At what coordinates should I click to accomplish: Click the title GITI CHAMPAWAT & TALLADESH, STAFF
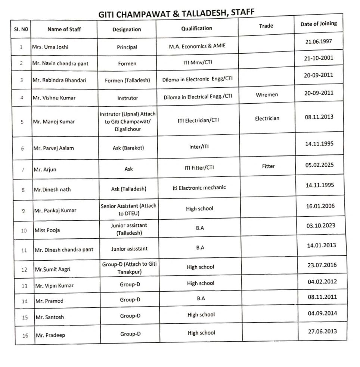(x=176, y=13)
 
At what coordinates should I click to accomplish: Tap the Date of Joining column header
(x=318, y=24)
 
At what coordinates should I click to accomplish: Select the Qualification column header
(x=196, y=28)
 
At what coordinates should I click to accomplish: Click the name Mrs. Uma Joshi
(x=50, y=47)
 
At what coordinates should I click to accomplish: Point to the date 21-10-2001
(x=319, y=58)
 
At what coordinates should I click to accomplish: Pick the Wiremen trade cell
(x=267, y=95)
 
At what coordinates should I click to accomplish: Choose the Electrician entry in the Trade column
(x=267, y=118)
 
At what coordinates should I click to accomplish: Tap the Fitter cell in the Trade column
(x=268, y=166)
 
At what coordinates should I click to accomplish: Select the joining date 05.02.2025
(x=320, y=165)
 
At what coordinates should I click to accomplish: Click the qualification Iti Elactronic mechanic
(x=199, y=188)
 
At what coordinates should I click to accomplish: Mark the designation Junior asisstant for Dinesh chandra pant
(x=129, y=249)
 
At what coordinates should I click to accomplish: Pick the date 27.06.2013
(x=322, y=331)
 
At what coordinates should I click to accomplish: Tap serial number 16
(x=25, y=335)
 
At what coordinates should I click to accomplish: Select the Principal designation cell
(x=127, y=47)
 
